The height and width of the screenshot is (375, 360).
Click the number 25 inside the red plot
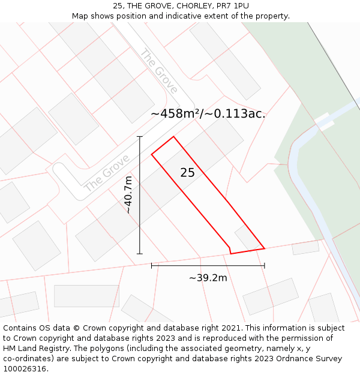pos(187,173)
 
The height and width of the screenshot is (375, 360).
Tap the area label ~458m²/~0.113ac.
pos(208,113)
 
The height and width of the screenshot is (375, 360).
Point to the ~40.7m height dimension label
pos(128,194)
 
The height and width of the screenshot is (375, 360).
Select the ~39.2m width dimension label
pos(208,278)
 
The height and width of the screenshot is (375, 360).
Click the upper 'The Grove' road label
pos(158,71)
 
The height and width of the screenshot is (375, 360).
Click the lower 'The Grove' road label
pos(107,173)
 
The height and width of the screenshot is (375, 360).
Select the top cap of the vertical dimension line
pos(140,137)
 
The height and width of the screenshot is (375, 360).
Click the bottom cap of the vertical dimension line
pos(140,254)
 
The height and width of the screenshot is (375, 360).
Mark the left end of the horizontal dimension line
pos(152,265)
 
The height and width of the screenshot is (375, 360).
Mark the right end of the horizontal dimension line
pos(264,265)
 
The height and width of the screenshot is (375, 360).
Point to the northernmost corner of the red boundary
pos(173,137)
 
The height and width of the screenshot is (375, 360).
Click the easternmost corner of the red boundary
pos(264,248)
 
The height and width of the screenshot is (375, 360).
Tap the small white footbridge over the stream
pos(323,122)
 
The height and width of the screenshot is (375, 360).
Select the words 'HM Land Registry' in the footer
pos(35,349)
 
